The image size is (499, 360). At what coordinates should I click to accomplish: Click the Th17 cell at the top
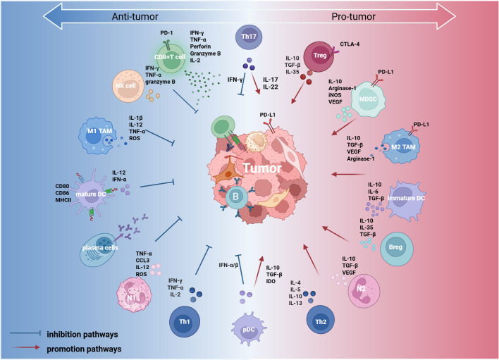point(249,37)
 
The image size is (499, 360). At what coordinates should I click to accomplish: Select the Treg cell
point(319,56)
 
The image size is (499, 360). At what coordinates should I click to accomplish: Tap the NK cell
point(126,86)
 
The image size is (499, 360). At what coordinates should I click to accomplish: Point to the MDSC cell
point(368,99)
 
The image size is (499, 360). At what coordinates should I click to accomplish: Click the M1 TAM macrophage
point(97,135)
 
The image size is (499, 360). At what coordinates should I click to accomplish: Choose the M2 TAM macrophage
point(401,147)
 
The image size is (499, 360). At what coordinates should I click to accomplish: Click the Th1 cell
point(185,322)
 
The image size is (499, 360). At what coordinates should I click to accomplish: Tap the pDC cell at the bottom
point(249,329)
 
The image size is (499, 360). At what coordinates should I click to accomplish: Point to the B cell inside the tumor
point(236,197)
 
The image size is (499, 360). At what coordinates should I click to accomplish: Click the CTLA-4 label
point(350,44)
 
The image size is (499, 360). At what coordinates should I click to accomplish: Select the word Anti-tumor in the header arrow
point(135,16)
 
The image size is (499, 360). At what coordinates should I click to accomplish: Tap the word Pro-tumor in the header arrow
point(354,16)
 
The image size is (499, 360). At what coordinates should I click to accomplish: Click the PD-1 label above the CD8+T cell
point(166,32)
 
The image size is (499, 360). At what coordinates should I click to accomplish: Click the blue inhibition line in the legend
point(25,333)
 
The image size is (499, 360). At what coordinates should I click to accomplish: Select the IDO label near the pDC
point(271,282)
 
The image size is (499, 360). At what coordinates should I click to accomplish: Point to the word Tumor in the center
point(262,168)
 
